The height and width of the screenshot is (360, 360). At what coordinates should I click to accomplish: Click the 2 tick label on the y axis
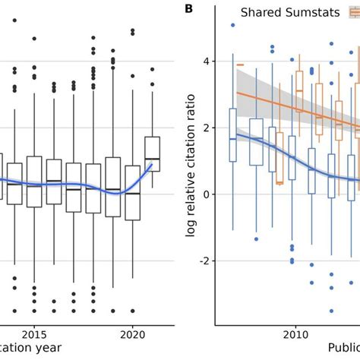tap(214, 128)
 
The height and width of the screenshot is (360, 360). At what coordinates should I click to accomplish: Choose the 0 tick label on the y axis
tap(214, 194)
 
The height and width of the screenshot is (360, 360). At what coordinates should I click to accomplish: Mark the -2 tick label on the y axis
tap(212, 261)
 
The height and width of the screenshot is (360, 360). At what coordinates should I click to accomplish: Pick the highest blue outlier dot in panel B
tap(232, 25)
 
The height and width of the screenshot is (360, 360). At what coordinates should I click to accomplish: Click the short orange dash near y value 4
tap(240, 65)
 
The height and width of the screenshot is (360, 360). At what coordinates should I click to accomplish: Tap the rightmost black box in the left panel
tap(152, 153)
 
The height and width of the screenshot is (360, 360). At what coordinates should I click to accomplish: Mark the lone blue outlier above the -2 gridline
tap(256, 239)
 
